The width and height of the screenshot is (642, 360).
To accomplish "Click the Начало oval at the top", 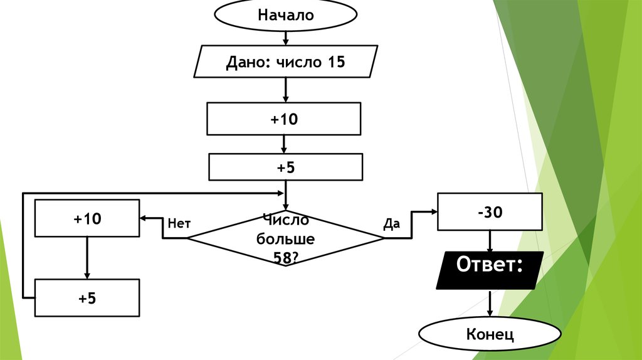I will (x=285, y=16).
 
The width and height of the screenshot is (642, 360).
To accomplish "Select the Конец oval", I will (x=490, y=334).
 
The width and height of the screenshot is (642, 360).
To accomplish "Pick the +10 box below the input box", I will (x=284, y=119).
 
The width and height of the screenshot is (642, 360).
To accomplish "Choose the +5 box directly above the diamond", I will (x=285, y=167).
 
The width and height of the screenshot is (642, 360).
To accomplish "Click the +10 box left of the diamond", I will (x=87, y=218).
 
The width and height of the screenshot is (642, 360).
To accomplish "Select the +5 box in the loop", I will (x=87, y=298).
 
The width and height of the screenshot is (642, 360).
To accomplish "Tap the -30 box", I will (x=490, y=213).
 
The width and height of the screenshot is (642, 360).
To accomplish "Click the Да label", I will (x=391, y=223).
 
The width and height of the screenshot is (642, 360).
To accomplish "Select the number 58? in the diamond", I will (x=285, y=257).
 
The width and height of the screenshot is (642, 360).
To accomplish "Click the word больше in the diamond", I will (x=285, y=240).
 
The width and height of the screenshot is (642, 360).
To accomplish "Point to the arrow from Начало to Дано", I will (x=285, y=38).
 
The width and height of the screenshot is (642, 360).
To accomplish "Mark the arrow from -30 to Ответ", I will (x=490, y=241).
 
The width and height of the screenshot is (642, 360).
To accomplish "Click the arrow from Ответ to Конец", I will (x=490, y=304).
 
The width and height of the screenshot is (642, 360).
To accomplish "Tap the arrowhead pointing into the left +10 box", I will (x=144, y=218).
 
